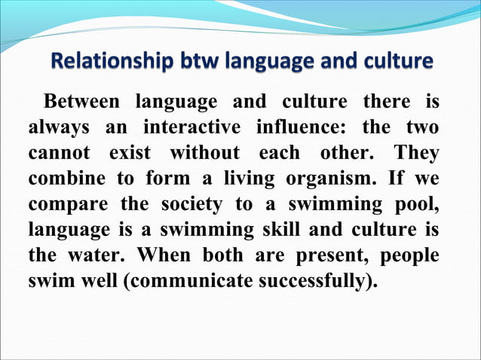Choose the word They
(x=415, y=153)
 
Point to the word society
(x=190, y=204)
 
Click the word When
(x=163, y=255)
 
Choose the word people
(x=411, y=255)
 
